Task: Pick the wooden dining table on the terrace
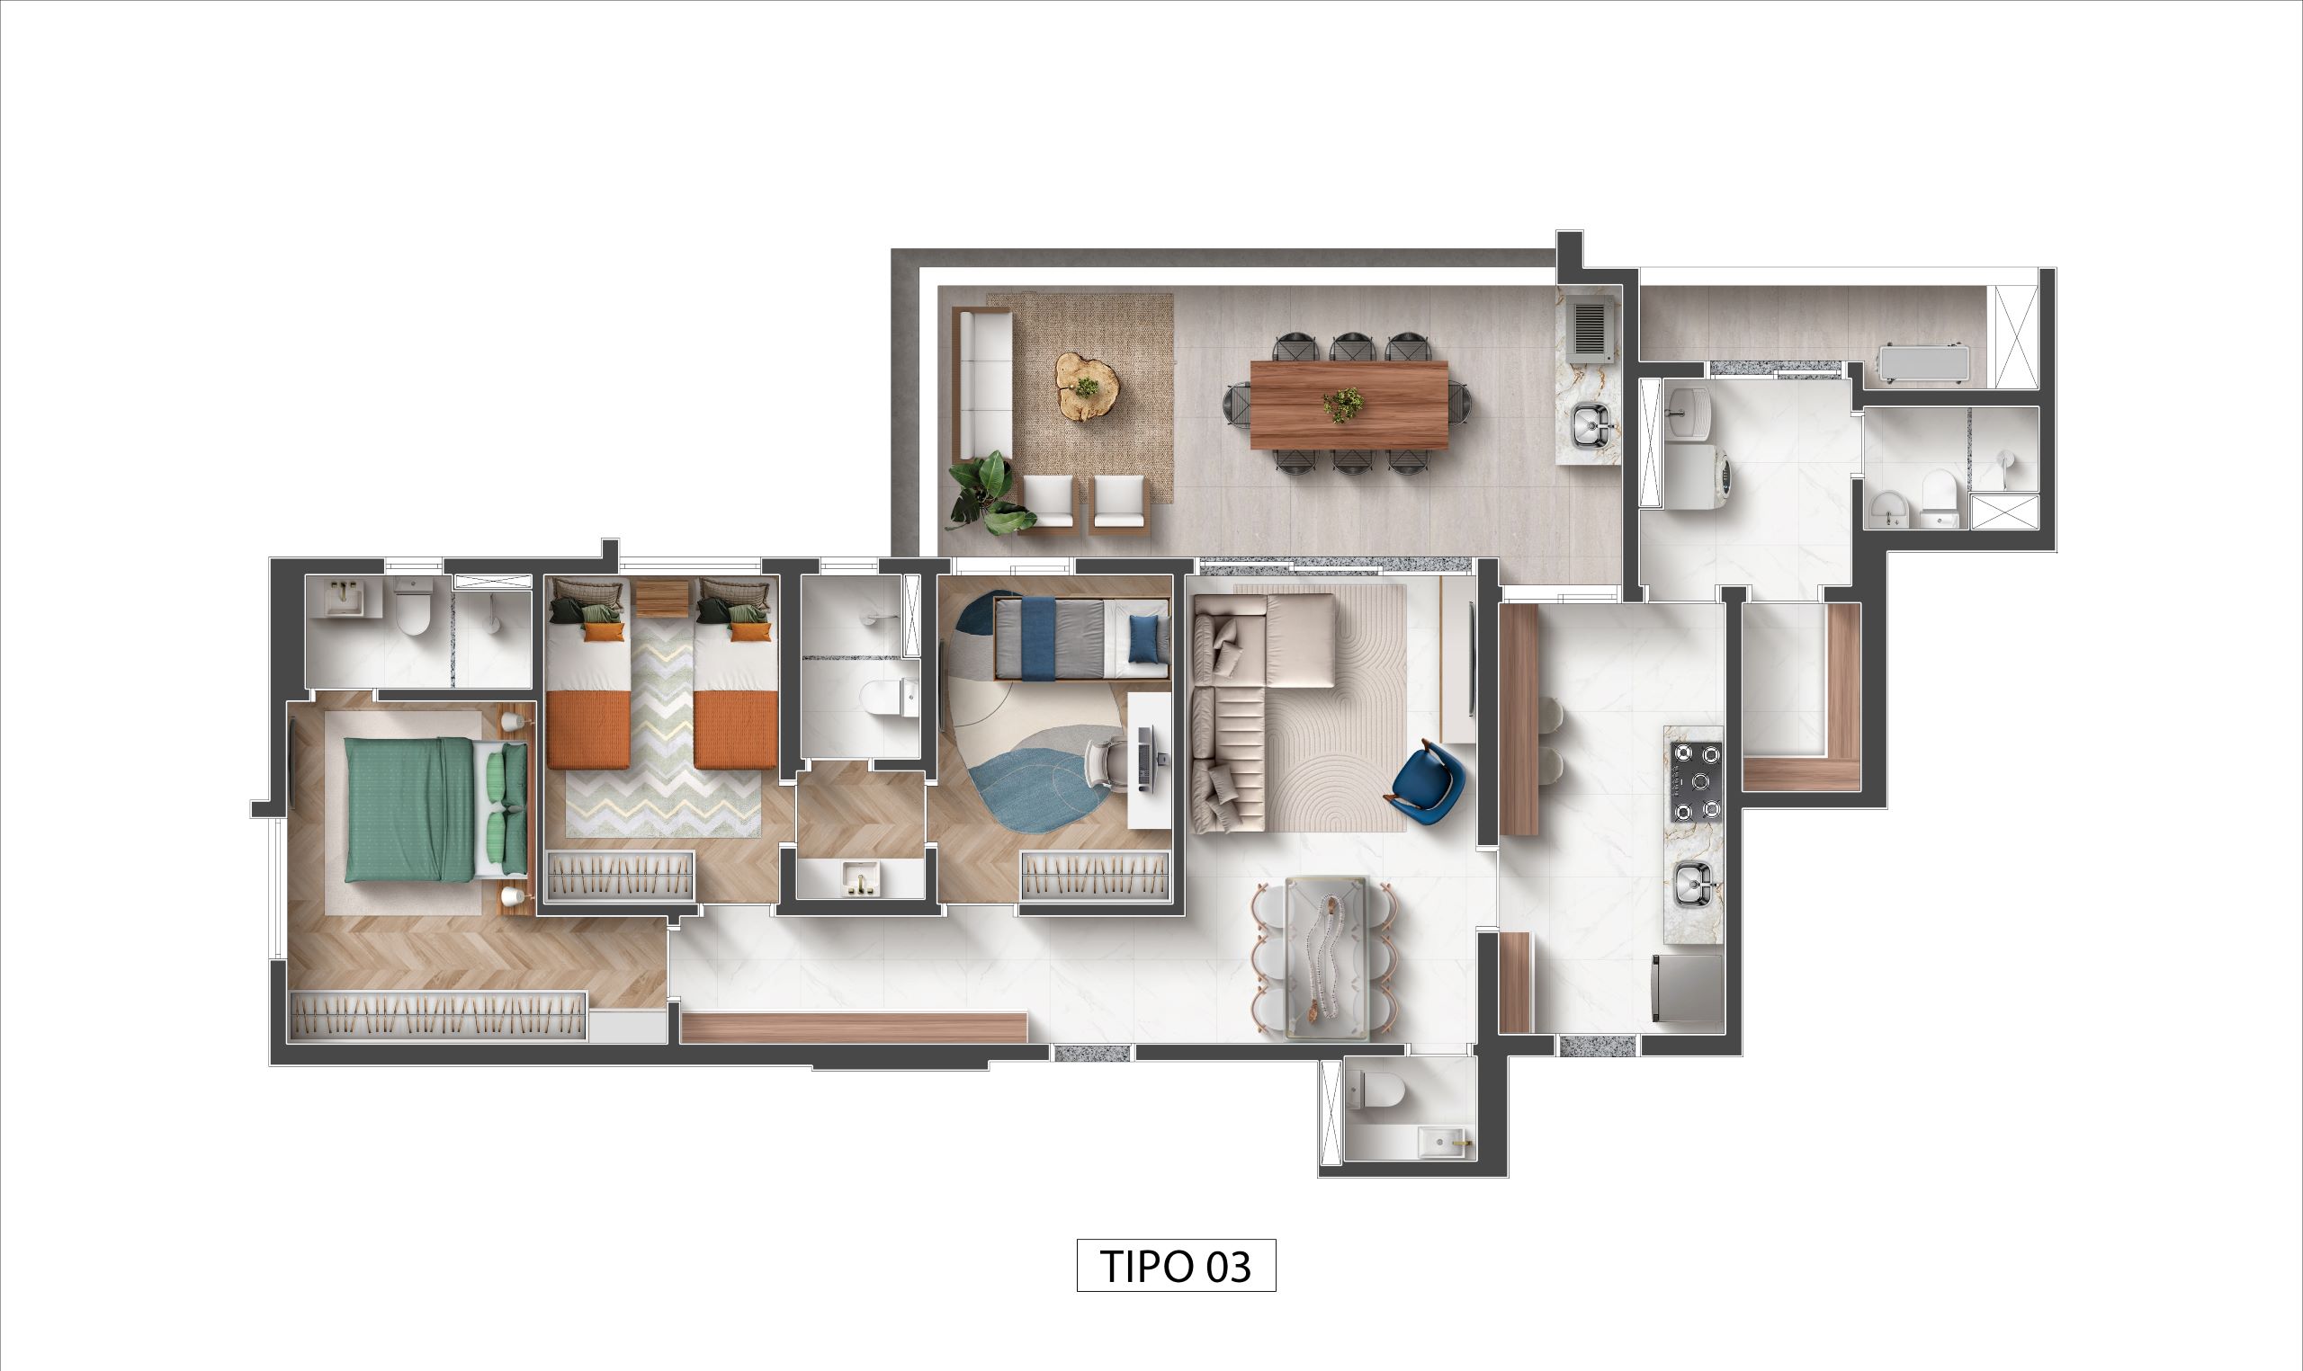(x=1349, y=405)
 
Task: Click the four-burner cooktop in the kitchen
(x=1695, y=781)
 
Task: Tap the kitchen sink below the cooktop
(x=1693, y=882)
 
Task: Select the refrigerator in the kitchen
(x=1688, y=988)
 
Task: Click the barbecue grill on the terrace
(x=1592, y=328)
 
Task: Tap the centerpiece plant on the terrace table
(x=1342, y=404)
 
